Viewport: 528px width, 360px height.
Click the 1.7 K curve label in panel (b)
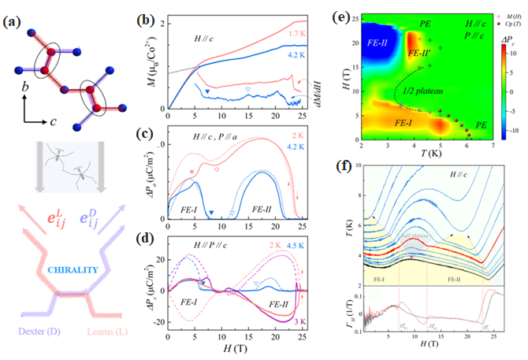tap(296, 35)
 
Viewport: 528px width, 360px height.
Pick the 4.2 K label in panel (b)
tap(296, 58)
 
